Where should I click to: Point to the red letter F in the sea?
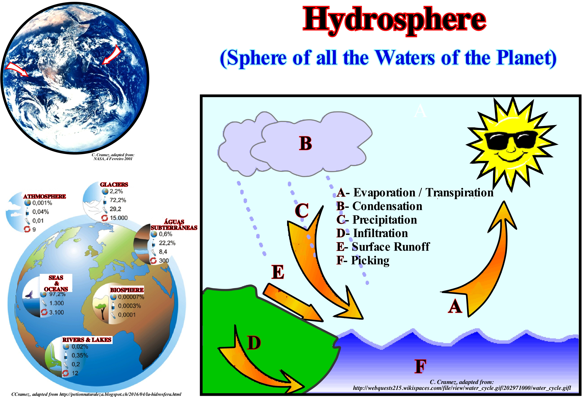(421, 366)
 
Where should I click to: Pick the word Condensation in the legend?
(387, 206)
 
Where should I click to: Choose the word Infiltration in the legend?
(381, 233)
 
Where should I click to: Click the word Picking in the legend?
(370, 261)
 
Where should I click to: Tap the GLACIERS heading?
(114, 185)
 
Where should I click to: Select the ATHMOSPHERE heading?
(45, 196)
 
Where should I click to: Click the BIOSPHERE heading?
(127, 290)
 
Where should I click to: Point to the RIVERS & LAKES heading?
(87, 340)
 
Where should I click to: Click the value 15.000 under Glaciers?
(119, 218)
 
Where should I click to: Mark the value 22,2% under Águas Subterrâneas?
(167, 243)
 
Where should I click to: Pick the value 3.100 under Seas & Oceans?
(57, 312)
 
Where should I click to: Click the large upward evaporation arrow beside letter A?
(492, 261)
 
